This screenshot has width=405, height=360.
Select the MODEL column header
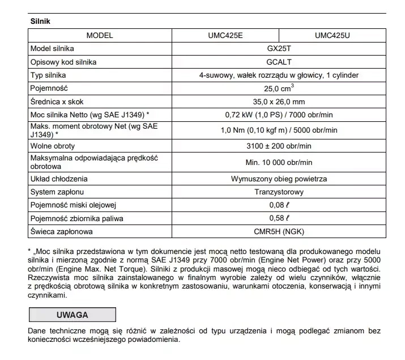coord(100,35)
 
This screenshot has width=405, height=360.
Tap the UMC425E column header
coord(225,35)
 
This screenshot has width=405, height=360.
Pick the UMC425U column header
coord(332,35)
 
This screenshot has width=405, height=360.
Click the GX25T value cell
coord(279,48)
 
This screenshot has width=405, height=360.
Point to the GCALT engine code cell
coord(279,62)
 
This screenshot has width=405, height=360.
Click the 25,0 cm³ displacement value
coord(279,88)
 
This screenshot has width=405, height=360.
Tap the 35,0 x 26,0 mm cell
coord(279,101)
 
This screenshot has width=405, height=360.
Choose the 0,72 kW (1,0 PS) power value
coord(279,115)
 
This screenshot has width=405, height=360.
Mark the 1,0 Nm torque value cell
coord(279,130)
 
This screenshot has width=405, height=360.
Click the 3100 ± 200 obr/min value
coord(279,146)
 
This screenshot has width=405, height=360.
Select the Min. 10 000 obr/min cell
coord(279,162)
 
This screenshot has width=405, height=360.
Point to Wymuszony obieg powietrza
coord(279,179)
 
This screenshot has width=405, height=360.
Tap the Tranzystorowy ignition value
coord(279,192)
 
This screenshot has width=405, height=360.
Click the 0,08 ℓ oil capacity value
coord(279,205)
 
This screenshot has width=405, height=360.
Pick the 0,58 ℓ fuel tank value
coord(279,218)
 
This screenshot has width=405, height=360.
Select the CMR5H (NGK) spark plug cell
coord(279,231)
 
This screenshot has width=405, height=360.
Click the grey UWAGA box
coord(72,314)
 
